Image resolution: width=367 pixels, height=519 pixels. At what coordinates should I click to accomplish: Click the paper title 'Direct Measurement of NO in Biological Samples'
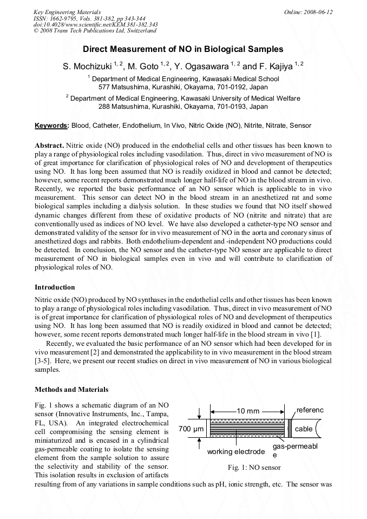click(183, 49)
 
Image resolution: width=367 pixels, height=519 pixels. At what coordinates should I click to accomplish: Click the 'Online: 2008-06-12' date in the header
click(308, 12)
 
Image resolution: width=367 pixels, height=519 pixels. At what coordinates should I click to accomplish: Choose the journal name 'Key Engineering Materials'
click(67, 12)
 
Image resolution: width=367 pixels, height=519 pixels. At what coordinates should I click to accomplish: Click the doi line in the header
click(95, 25)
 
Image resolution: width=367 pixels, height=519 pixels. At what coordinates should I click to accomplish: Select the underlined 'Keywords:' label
click(52, 126)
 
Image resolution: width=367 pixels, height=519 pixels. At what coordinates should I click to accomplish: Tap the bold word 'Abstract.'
click(50, 146)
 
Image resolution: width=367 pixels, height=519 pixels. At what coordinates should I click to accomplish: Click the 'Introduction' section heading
click(55, 287)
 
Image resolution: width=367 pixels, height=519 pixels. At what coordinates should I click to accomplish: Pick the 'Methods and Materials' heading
click(71, 390)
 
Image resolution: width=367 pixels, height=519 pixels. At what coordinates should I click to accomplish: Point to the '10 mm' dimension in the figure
click(248, 411)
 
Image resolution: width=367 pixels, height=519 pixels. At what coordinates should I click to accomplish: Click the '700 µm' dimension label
click(190, 430)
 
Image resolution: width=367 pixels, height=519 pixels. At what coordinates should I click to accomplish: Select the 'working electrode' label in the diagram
click(236, 452)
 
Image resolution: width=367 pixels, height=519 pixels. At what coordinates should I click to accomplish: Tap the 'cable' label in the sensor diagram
click(304, 429)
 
